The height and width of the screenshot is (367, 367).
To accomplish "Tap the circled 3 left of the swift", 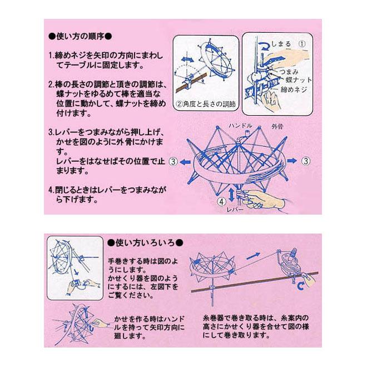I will point(173,162).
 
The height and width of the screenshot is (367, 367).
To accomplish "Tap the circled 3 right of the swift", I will point(305,161).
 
